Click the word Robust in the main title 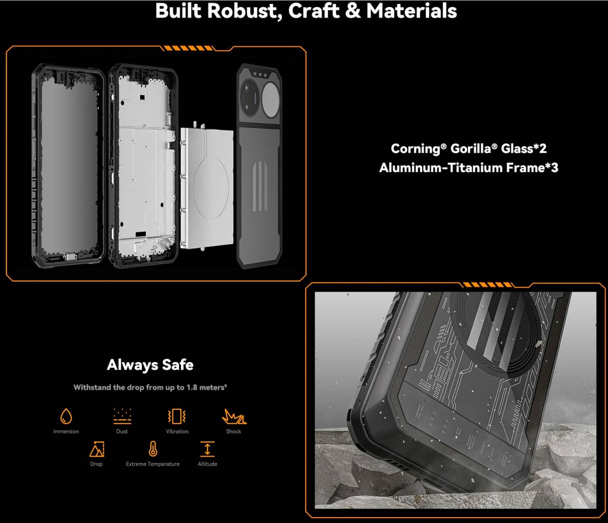[242, 11]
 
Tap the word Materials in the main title [411, 11]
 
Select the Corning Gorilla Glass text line [468, 149]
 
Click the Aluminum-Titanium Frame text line [468, 168]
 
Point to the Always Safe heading [150, 365]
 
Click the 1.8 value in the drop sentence [191, 388]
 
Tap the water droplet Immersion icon [66, 416]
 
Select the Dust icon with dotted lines [123, 416]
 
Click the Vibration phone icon [177, 416]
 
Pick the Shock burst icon [234, 417]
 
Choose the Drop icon [97, 449]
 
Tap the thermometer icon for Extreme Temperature [153, 448]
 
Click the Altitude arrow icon [208, 449]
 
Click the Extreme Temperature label [152, 464]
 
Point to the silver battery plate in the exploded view [207, 187]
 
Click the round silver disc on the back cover [271, 99]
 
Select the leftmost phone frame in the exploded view [68, 165]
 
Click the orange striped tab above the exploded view [188, 48]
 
